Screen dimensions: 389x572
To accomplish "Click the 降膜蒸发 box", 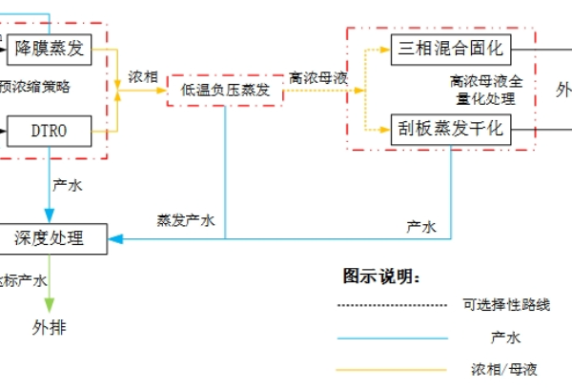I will pos(51,48).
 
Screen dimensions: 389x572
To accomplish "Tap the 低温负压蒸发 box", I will pos(225,89).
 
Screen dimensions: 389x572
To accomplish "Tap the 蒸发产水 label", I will pos(186,220).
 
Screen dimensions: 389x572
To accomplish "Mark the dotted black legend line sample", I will pos(391,306).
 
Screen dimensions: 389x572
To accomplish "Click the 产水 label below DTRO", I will pos(68,185).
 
